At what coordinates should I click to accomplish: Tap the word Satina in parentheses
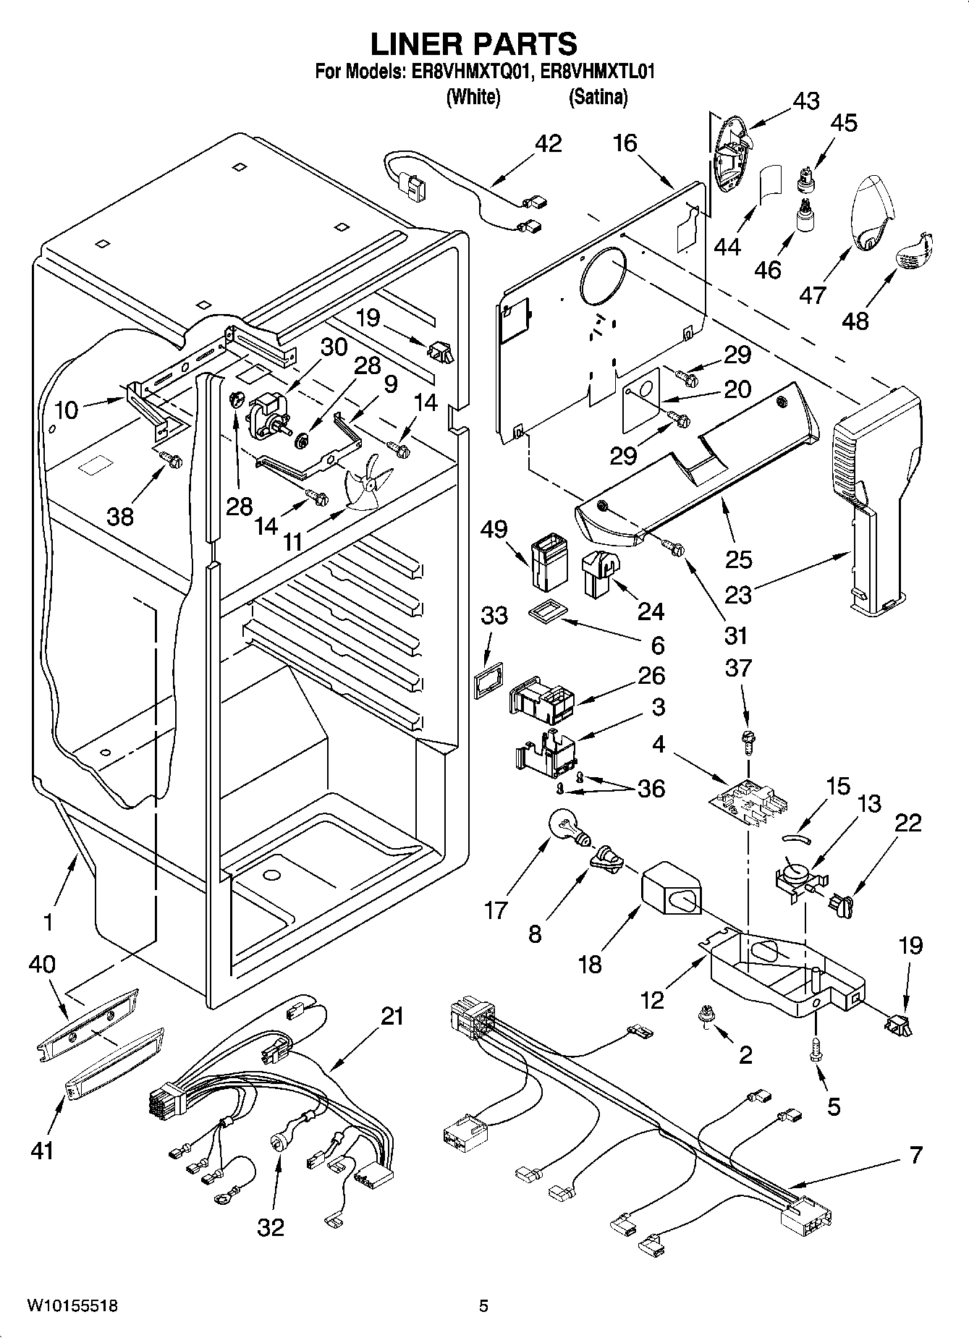pos(598,96)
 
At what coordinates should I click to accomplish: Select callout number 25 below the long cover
pos(739,559)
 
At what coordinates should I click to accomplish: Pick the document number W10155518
pos(72,1305)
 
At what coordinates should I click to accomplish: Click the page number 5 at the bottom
pos(483,1305)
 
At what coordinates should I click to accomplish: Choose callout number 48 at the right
pos(855,320)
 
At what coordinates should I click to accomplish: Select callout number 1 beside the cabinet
pos(48,922)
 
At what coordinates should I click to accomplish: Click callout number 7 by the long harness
pos(915,1154)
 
